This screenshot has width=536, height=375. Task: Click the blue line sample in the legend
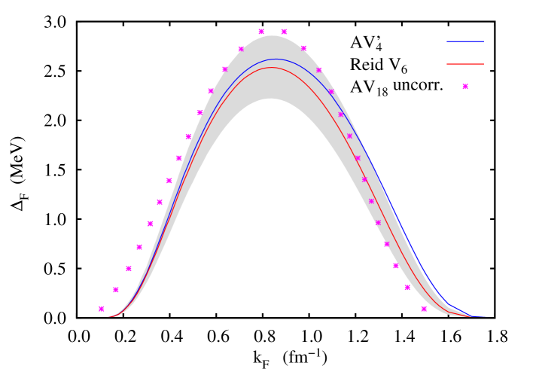click(x=465, y=41)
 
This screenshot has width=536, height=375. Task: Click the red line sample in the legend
click(x=465, y=64)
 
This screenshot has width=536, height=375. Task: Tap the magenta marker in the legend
click(x=465, y=87)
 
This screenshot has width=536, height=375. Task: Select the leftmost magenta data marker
click(x=102, y=309)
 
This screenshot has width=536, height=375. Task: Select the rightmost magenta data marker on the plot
click(x=424, y=309)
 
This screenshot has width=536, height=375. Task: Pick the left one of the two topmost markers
click(x=261, y=32)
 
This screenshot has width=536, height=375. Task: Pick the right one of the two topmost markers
click(x=284, y=32)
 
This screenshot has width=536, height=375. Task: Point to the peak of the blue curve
click(x=275, y=59)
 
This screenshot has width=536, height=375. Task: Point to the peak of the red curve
click(x=272, y=68)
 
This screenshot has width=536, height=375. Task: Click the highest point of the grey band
click(x=273, y=35)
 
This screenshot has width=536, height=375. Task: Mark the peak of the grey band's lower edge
click(x=270, y=99)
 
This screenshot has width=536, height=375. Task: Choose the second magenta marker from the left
click(x=116, y=290)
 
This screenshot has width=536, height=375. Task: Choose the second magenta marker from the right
click(x=407, y=288)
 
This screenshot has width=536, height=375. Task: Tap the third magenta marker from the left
click(x=129, y=269)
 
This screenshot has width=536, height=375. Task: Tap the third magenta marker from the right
click(x=395, y=266)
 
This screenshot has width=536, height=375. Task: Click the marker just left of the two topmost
click(x=241, y=49)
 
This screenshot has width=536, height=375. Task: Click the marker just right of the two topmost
click(x=303, y=48)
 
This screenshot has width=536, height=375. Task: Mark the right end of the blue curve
click(x=485, y=316)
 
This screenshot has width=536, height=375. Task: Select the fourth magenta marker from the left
click(x=139, y=247)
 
